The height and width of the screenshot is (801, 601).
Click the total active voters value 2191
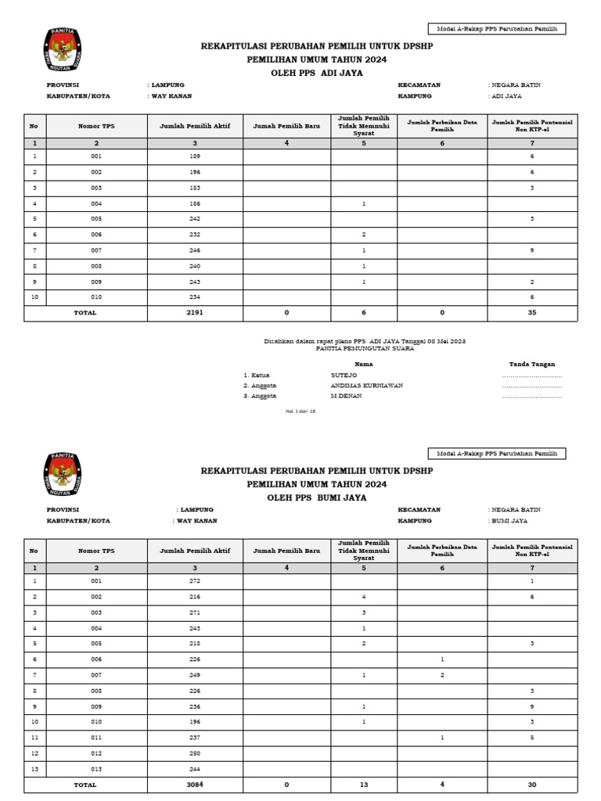pos(195,313)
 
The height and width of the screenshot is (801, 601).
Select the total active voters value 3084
pos(195,785)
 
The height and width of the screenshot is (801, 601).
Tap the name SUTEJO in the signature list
pos(344,375)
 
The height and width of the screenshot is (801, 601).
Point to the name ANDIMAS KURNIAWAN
pos(367,386)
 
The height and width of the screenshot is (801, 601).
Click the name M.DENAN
pos(345,396)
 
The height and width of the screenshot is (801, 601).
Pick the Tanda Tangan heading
pos(531,364)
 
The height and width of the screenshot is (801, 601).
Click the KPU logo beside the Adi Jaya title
pos(63,50)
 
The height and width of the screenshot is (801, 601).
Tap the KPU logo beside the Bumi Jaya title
pos(63,474)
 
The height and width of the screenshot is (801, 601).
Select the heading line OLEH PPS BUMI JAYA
pos(316,497)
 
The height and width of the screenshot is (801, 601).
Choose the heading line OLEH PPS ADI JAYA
pos(316,72)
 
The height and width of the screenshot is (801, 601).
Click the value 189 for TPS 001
pos(195,157)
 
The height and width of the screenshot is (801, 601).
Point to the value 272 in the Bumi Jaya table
pos(195,581)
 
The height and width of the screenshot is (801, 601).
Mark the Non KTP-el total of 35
pos(532,313)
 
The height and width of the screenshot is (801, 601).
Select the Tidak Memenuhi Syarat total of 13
pos(364,785)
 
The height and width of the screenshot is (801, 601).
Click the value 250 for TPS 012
pos(195,753)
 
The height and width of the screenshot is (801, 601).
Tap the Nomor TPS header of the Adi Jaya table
pos(96,126)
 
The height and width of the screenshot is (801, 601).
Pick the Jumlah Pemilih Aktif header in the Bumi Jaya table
pos(195,551)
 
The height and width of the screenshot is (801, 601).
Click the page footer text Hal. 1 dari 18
pos(300,411)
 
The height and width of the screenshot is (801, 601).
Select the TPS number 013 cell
pos(96,769)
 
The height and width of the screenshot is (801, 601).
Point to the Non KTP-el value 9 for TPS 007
pos(532,250)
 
